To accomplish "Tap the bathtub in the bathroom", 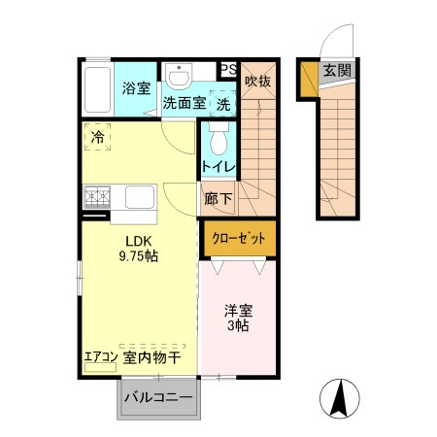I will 97,90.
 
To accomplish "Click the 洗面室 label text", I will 183,102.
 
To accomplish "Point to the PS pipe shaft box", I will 228,69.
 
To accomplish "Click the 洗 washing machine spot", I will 222,102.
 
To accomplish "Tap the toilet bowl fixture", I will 218,141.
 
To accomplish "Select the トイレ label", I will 218,167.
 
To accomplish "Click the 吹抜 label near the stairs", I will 257,82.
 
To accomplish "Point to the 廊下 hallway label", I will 218,199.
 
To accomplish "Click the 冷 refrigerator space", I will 98,138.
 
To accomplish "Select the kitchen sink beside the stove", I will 138,200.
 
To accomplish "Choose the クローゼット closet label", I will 238,237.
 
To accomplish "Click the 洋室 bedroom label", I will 238,311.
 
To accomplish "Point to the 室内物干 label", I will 152,357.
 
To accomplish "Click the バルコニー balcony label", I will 158,398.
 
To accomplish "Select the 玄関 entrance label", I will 337,70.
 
